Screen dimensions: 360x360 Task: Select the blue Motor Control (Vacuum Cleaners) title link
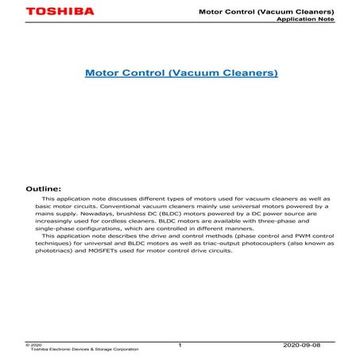(181, 73)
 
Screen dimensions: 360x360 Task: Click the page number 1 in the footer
(180, 345)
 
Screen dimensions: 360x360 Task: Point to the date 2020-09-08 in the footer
(304, 346)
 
